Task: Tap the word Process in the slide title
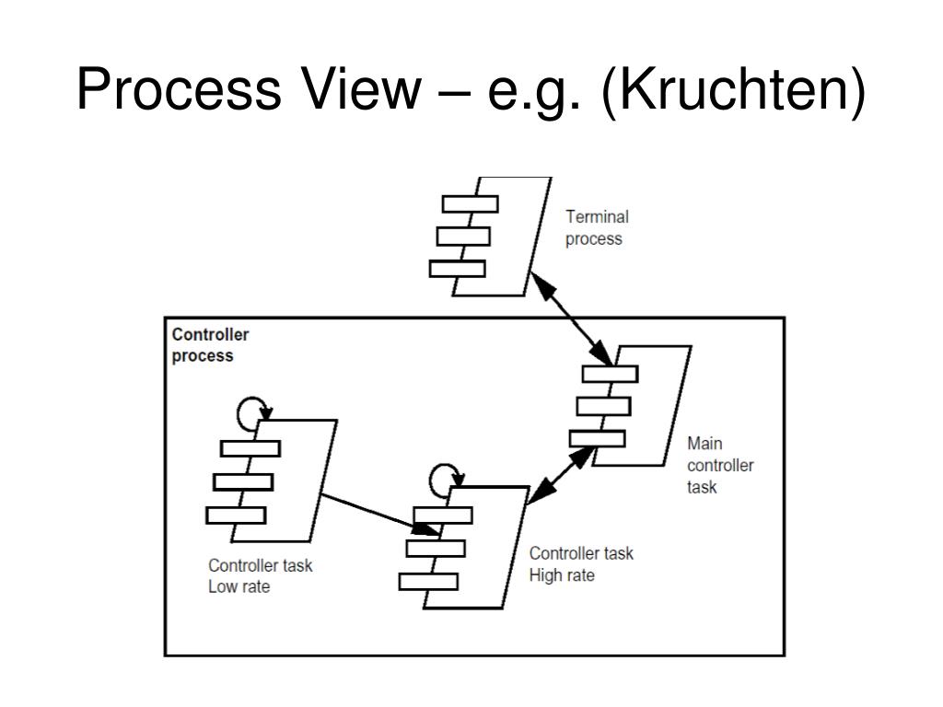coord(179,89)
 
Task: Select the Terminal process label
coord(597,228)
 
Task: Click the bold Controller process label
coord(210,345)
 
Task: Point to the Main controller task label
coord(720,465)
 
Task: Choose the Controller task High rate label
coord(581,564)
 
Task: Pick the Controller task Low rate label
coord(261,576)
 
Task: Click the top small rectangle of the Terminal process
coord(471,203)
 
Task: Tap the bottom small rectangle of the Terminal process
coord(457,269)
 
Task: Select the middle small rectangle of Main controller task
coord(603,406)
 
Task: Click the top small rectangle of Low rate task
coord(250,448)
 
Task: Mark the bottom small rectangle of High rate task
coord(428,582)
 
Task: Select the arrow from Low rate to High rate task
coord(380,514)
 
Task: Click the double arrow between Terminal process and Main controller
coord(571,319)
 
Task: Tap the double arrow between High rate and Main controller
coord(561,475)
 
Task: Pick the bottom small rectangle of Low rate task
coord(236,516)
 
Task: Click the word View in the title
coord(362,89)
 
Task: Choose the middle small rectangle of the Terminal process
coord(463,237)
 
